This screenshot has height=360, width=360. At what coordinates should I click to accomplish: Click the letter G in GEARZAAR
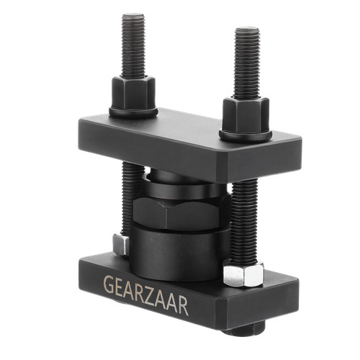[109, 285]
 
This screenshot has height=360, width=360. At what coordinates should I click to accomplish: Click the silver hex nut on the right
[243, 274]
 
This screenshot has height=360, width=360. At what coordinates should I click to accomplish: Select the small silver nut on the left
[121, 244]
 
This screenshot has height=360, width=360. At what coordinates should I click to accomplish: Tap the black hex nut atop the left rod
[133, 93]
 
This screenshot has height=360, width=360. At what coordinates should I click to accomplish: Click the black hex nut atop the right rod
[246, 115]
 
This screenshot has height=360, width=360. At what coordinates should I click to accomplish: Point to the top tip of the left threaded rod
[133, 14]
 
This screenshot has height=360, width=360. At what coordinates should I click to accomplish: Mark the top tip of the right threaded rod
[248, 28]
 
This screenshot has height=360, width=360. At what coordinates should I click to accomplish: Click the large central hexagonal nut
[181, 212]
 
